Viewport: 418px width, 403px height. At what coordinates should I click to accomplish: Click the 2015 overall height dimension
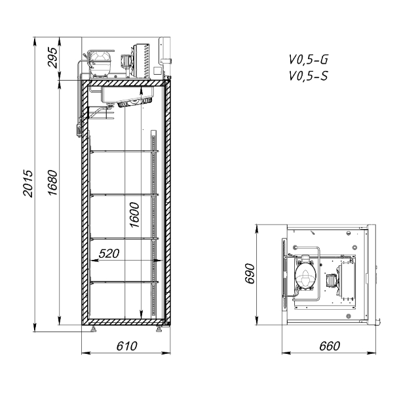point(28,183)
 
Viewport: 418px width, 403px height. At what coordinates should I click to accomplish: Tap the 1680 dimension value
point(53,182)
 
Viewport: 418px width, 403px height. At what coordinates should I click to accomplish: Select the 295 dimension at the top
point(52,57)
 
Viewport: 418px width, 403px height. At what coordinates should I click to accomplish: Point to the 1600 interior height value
point(134,215)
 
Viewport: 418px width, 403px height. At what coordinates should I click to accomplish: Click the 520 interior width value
point(109,253)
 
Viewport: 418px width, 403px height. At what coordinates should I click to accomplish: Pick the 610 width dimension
point(126,346)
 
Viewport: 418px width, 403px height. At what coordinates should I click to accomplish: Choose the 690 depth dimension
point(250,273)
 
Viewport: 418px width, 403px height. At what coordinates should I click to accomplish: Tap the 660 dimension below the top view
point(330,346)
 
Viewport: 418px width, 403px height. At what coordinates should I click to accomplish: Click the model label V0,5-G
point(308,60)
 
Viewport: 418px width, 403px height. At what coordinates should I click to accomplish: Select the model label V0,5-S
point(308,76)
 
